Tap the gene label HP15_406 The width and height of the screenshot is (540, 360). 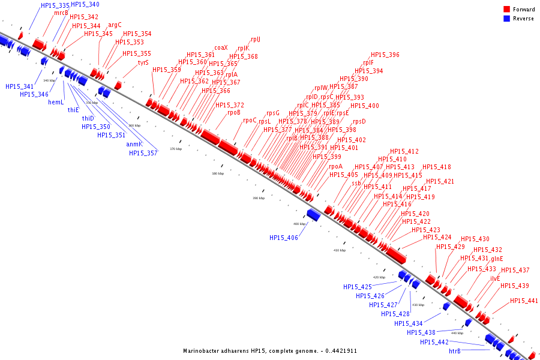click(x=284, y=238)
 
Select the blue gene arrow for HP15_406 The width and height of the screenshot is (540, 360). click(x=313, y=214)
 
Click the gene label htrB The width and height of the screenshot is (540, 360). click(x=455, y=351)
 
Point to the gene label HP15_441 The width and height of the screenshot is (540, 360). click(x=524, y=301)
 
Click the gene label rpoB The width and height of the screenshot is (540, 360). click(x=234, y=112)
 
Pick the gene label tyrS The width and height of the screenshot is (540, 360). click(x=143, y=62)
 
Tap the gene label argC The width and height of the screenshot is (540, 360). click(x=115, y=25)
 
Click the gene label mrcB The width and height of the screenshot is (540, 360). click(x=61, y=13)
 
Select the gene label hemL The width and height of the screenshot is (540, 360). click(x=56, y=102)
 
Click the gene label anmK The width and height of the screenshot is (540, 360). click(x=134, y=144)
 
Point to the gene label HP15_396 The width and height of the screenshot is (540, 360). click(x=385, y=55)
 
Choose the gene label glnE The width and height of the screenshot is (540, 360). click(x=497, y=259)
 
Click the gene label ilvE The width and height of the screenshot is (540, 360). click(x=495, y=278)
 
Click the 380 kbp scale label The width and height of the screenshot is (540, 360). click(x=218, y=173)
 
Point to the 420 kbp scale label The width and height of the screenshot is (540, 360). click(x=379, y=277)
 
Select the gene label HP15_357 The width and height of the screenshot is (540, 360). click(x=143, y=153)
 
